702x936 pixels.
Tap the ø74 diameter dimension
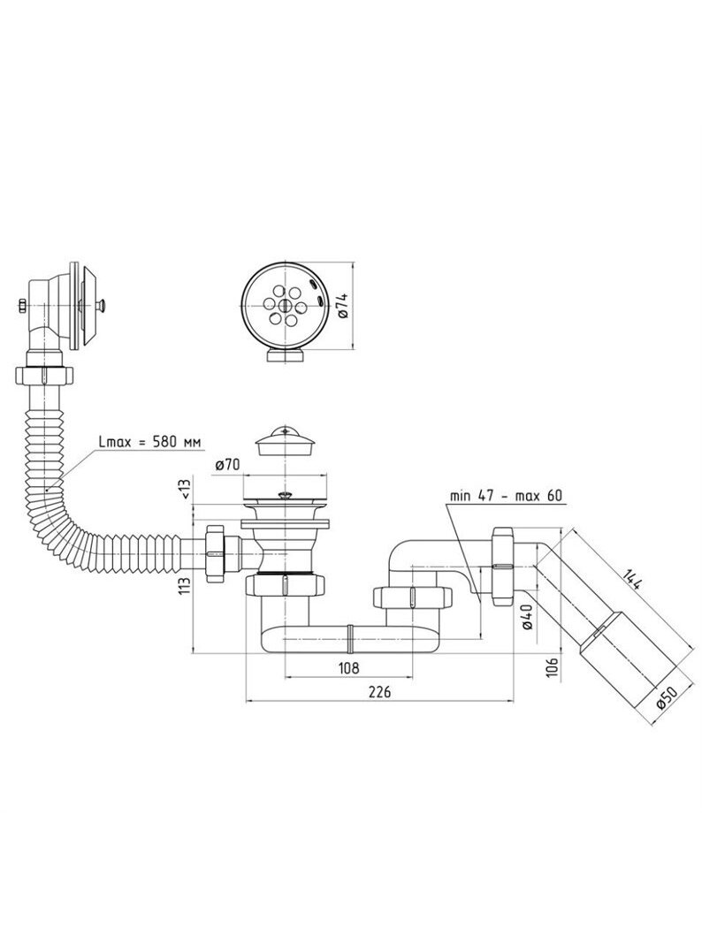[x=343, y=305]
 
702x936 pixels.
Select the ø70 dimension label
[x=226, y=464]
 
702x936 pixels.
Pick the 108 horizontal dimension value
[x=348, y=667]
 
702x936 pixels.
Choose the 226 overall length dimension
[x=379, y=691]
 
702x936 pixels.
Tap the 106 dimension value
[x=553, y=666]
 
